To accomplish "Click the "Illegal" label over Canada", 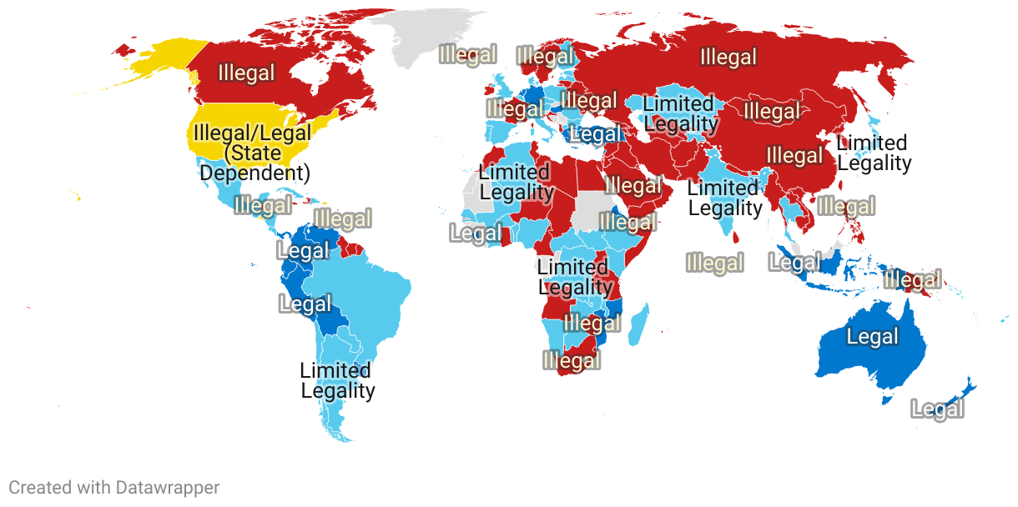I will tap(246, 73).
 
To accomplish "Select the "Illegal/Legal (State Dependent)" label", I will tap(251, 153).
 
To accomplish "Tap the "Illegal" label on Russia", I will tap(728, 58).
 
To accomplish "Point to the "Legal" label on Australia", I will tap(872, 337).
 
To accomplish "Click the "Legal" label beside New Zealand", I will tap(937, 409).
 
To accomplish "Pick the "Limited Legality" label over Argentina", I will tap(337, 380).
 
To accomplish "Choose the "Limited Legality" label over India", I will tap(724, 198).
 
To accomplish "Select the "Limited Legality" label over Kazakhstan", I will tap(679, 114).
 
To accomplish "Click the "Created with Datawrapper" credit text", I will tap(114, 488).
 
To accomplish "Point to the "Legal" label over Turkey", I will tap(594, 134).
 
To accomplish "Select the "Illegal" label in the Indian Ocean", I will tap(714, 264).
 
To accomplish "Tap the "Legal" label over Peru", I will tap(305, 304).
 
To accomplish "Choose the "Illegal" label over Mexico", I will tap(263, 205).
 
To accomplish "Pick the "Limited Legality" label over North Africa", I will tap(515, 183).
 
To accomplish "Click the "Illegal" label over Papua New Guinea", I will tap(912, 279).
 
